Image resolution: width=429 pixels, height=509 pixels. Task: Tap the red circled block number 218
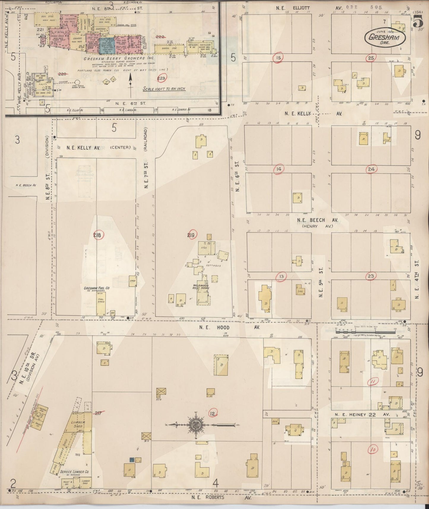[98, 235]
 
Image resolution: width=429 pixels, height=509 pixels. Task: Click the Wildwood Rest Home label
[201, 287]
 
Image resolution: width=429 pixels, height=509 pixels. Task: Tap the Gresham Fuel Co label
[96, 288]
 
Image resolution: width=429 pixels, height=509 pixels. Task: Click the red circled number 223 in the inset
[162, 78]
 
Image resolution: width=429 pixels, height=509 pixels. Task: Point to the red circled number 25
[371, 58]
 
